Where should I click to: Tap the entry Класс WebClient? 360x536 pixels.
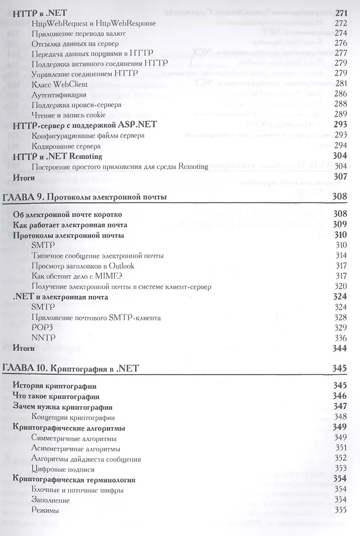(x=59, y=83)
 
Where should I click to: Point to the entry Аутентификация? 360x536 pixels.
(x=63, y=94)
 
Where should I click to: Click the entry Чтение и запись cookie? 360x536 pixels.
(x=70, y=114)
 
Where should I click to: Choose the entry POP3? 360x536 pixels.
(x=43, y=328)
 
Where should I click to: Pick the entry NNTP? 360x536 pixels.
(x=43, y=338)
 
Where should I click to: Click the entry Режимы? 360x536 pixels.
(x=47, y=510)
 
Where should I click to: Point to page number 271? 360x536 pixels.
(x=341, y=13)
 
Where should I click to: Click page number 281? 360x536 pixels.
(x=341, y=83)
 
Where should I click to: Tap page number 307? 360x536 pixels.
(x=341, y=177)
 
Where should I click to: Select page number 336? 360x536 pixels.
(x=341, y=338)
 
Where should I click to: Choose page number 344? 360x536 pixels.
(x=341, y=348)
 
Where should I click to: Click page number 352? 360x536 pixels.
(x=341, y=459)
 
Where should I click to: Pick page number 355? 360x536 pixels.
(x=341, y=510)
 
